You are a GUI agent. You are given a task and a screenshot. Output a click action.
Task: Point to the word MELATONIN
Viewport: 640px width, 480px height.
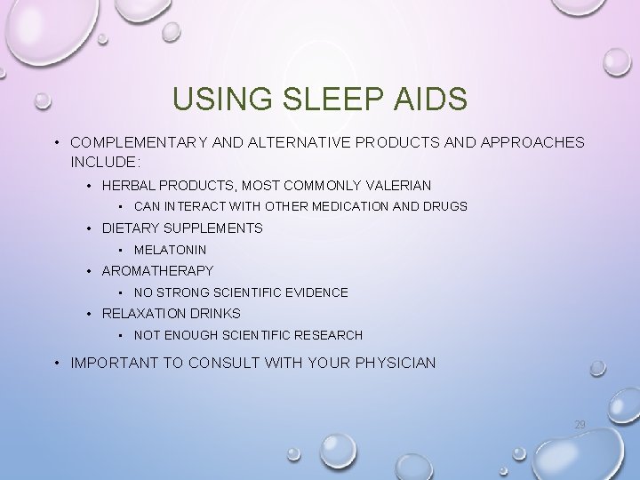170,250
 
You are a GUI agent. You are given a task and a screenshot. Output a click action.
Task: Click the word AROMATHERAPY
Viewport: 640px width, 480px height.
157,271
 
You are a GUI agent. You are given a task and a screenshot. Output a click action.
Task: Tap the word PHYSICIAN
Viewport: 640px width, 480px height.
396,363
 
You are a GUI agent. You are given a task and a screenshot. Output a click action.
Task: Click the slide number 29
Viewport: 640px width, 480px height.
580,425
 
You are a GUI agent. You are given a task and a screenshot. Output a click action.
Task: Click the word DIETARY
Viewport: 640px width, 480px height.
130,228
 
